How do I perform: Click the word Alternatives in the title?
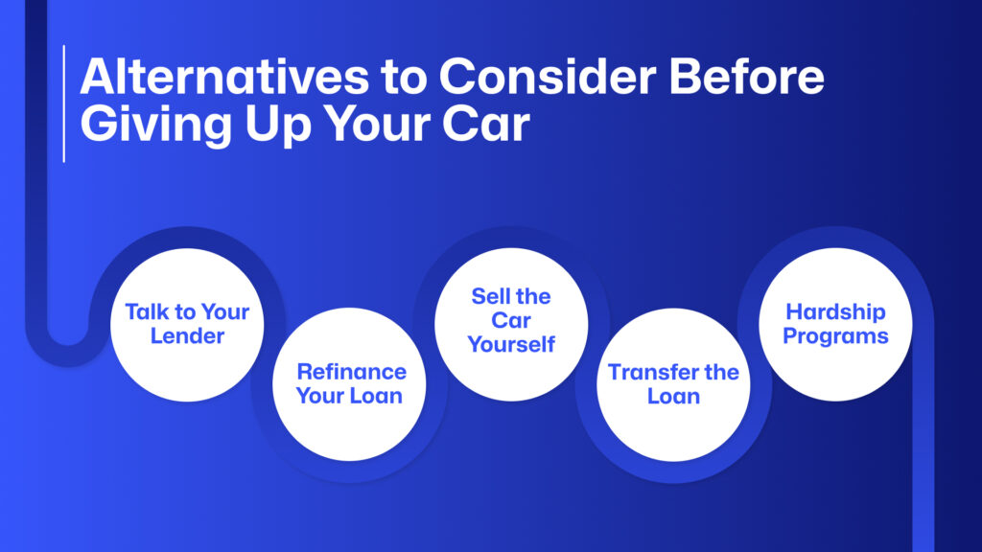coord(224,77)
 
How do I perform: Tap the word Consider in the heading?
coord(548,77)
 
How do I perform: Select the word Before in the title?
coord(746,77)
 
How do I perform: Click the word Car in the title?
coord(486,124)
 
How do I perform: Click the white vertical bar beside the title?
coord(64,103)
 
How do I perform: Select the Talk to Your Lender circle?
coord(187,325)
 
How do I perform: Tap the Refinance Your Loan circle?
coord(349,384)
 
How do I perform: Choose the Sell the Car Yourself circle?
coord(511,324)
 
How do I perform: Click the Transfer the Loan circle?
coord(673,384)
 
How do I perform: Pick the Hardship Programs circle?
coord(835,324)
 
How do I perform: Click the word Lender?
coord(187,336)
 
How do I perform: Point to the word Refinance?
coord(351,372)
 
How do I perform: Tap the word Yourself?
coord(511,344)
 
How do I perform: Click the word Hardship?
coord(835,312)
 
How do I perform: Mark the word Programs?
coord(835,336)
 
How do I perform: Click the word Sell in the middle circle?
coord(487,296)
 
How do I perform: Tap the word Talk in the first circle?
coord(144,311)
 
